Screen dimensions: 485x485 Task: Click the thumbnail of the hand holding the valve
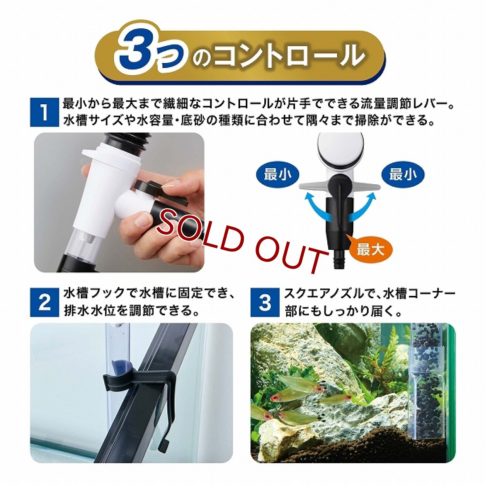click(x=119, y=202)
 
